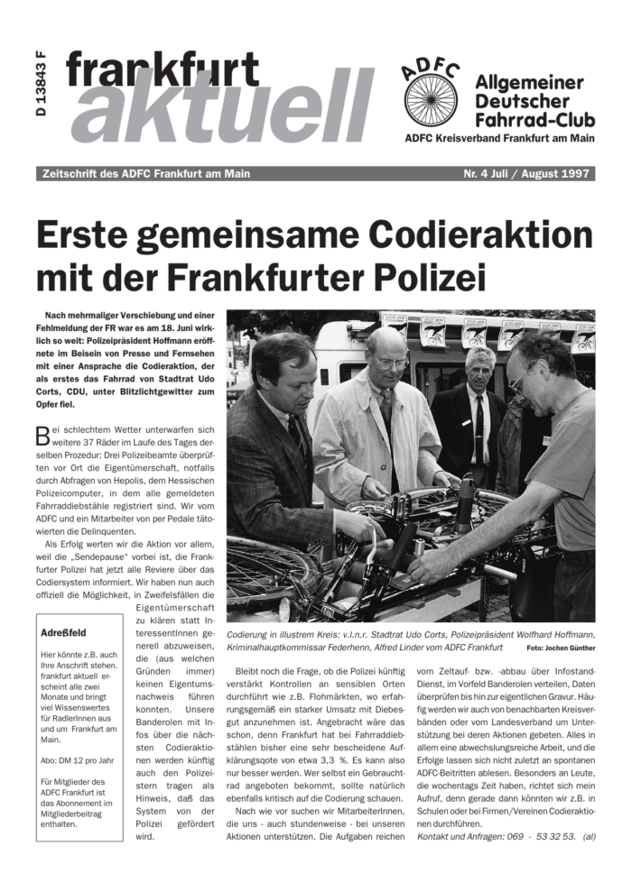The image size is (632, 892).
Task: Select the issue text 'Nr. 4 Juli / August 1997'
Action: [x=525, y=174]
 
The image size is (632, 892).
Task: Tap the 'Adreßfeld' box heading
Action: [x=63, y=633]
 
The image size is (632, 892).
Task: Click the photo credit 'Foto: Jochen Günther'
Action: [x=561, y=648]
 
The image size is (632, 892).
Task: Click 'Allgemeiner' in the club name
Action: [x=529, y=83]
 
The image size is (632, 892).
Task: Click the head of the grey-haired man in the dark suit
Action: [x=479, y=364]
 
